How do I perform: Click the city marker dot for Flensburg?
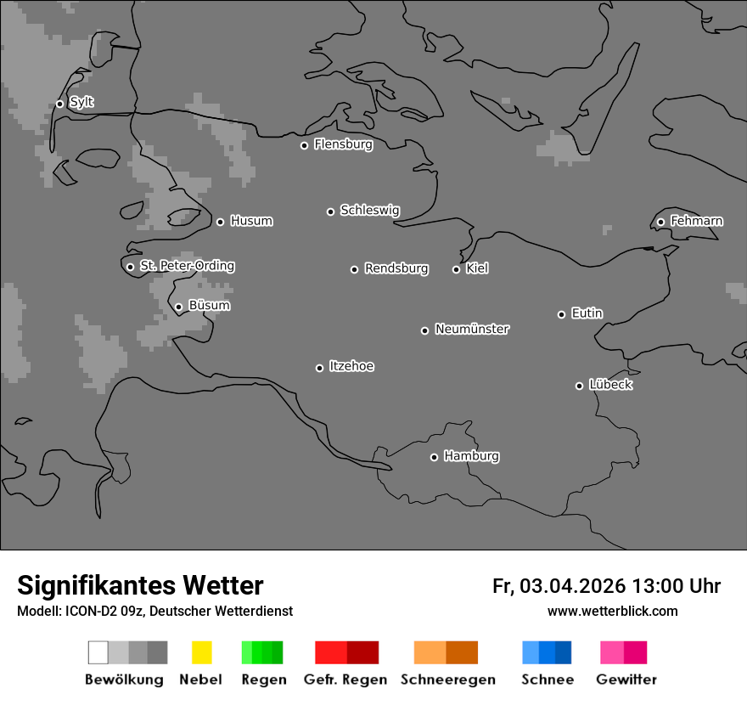click(304, 145)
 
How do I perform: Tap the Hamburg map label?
click(471, 456)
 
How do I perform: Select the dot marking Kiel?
click(456, 269)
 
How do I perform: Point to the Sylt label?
click(81, 102)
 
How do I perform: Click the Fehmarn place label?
click(696, 221)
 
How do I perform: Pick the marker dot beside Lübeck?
click(579, 386)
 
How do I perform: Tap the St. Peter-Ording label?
click(187, 266)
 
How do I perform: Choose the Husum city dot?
click(220, 222)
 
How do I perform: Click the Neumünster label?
click(472, 329)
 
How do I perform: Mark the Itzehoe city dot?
click(319, 368)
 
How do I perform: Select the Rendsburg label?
click(396, 268)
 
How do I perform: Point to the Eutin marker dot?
click(561, 314)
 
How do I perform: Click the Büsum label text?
click(209, 306)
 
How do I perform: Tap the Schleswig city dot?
click(330, 211)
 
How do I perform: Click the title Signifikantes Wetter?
click(140, 585)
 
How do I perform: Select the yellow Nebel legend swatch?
click(201, 652)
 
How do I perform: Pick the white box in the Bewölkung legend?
click(98, 652)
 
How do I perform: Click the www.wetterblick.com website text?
click(612, 611)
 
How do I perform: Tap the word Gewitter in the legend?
click(626, 680)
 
